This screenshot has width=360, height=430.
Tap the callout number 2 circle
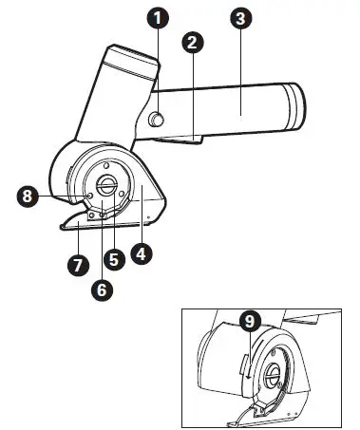[193, 43]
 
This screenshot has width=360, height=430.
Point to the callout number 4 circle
[143, 253]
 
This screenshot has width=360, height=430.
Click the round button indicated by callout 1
[157, 118]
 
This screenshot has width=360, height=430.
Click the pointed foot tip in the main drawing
[62, 226]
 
